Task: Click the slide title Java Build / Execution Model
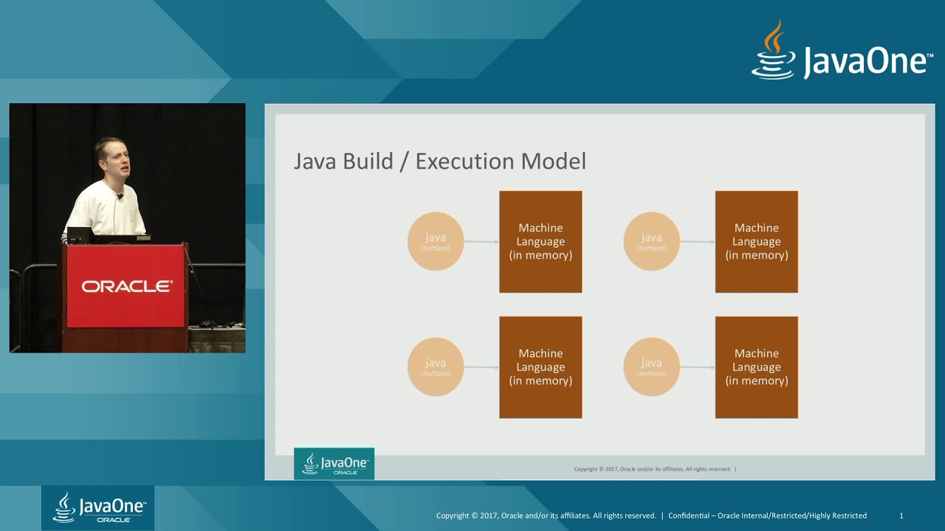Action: pyautogui.click(x=439, y=162)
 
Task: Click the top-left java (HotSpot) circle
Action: pyautogui.click(x=436, y=241)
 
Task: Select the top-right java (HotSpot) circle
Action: pyautogui.click(x=651, y=241)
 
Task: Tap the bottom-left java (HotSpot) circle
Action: pyautogui.click(x=436, y=367)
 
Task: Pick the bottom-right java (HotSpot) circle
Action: pyautogui.click(x=651, y=367)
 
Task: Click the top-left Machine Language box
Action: pyautogui.click(x=540, y=242)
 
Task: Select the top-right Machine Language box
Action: pyautogui.click(x=756, y=242)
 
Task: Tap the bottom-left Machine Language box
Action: pyautogui.click(x=540, y=367)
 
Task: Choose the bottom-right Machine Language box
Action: pyautogui.click(x=756, y=367)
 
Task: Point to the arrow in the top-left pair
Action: pyautogui.click(x=481, y=241)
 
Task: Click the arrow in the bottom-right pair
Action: pyautogui.click(x=697, y=367)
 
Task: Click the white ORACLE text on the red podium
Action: pyautogui.click(x=126, y=286)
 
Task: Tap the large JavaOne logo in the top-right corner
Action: pyautogui.click(x=842, y=53)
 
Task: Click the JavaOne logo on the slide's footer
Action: pyautogui.click(x=334, y=464)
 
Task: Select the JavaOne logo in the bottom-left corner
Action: pyautogui.click(x=97, y=507)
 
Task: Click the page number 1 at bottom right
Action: pyautogui.click(x=901, y=516)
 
